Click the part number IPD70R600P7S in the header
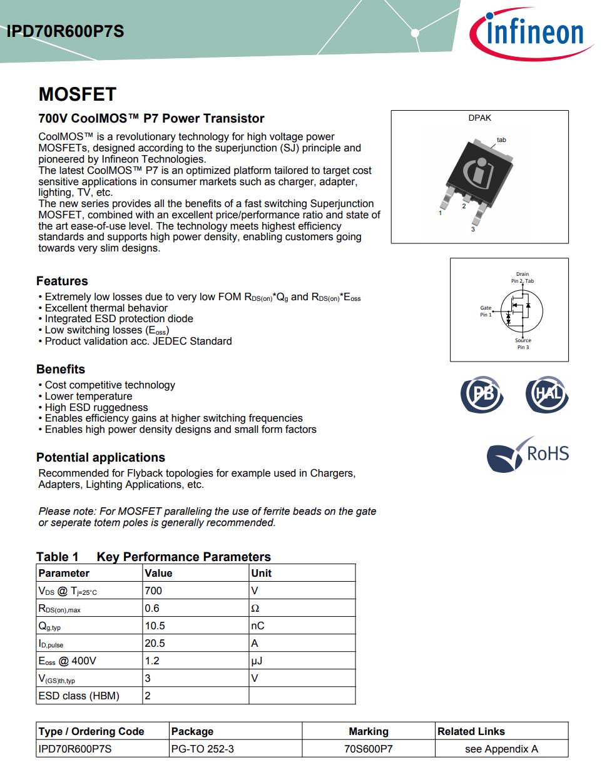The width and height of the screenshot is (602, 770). click(65, 31)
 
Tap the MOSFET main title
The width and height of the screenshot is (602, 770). click(78, 94)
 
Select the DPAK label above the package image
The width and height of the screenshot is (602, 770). click(479, 118)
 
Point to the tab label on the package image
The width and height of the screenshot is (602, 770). click(501, 139)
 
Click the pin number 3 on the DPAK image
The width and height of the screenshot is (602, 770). click(472, 230)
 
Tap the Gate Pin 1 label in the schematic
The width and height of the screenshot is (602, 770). click(486, 311)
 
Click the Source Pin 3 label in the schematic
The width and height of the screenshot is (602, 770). click(523, 343)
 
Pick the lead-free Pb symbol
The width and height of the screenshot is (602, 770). click(481, 395)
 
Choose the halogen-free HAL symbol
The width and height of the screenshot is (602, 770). click(547, 395)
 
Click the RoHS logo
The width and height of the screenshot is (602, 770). click(528, 454)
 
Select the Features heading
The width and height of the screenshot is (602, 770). click(62, 281)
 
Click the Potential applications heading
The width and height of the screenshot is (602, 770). click(101, 457)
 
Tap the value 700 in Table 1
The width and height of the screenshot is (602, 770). click(153, 590)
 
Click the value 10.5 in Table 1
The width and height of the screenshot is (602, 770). click(155, 626)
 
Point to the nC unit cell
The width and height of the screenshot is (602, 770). click(258, 626)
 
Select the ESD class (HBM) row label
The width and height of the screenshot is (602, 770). click(79, 696)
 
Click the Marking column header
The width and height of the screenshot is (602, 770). click(369, 731)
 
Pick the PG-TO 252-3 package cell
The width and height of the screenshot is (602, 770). click(203, 749)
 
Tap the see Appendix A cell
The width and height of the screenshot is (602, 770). click(501, 749)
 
